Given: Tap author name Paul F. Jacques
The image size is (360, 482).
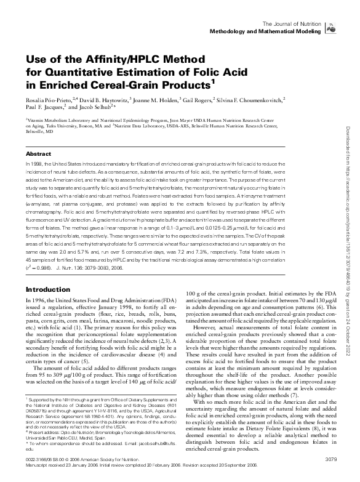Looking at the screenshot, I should [44, 107].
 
